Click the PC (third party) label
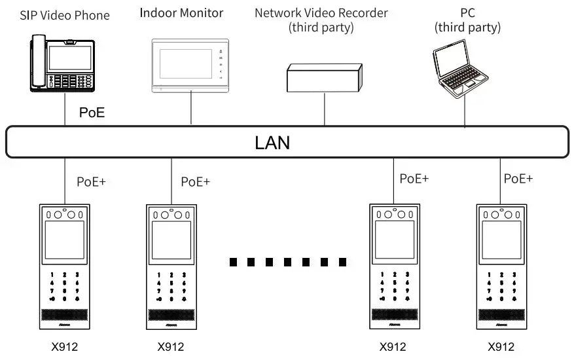(467, 20)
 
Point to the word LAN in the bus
(272, 142)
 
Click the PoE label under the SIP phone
(92, 113)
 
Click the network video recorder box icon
(324, 77)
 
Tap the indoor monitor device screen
(184, 63)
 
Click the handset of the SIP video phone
(36, 63)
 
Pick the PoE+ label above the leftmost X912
(92, 181)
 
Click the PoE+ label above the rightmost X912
(518, 178)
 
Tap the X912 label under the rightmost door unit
(501, 347)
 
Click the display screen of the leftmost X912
(64, 241)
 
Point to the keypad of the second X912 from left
(171, 288)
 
